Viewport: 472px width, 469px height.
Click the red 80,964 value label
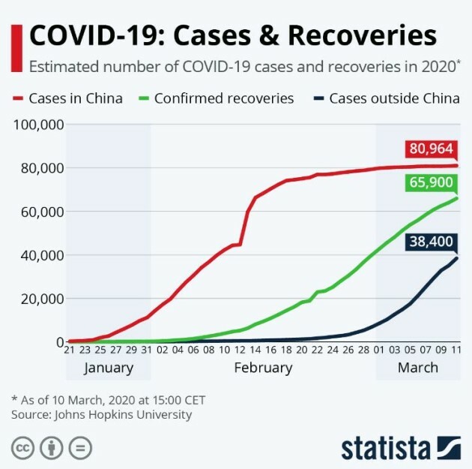pyautogui.click(x=431, y=149)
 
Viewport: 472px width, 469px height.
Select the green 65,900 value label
pyautogui.click(x=431, y=182)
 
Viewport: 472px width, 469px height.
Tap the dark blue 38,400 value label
pyautogui.click(x=431, y=242)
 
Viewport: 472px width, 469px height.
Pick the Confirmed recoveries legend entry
pyautogui.click(x=223, y=98)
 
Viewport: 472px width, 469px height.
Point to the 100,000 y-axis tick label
pyautogui.click(x=37, y=124)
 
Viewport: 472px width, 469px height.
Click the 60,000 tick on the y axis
pyautogui.click(x=40, y=212)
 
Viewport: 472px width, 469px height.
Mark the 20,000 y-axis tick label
pyautogui.click(x=40, y=299)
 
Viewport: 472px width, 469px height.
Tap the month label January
pyautogui.click(x=109, y=368)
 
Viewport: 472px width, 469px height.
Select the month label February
pyautogui.click(x=263, y=368)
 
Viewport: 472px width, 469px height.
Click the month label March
pyautogui.click(x=417, y=368)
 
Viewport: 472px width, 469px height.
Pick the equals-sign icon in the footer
pyautogui.click(x=79, y=448)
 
